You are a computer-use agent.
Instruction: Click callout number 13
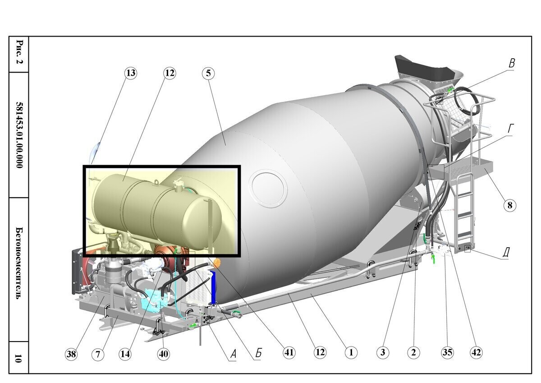tap(130, 73)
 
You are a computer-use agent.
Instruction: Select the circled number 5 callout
tap(208, 73)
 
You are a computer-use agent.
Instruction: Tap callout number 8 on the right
tap(509, 205)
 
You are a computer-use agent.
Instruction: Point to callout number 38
tap(71, 354)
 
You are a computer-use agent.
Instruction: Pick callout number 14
tap(125, 354)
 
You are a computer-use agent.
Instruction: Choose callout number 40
tap(163, 354)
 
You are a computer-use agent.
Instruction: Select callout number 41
tap(289, 352)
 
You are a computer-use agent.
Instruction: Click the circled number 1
tap(350, 352)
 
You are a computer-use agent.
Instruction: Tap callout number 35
tap(447, 352)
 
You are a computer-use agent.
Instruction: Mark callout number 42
tap(476, 352)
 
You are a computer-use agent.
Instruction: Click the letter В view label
tap(511, 64)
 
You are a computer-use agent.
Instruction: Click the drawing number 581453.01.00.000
tap(18, 135)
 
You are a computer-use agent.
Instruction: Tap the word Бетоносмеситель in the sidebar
tap(18, 269)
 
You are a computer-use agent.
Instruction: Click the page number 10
tap(18, 359)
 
